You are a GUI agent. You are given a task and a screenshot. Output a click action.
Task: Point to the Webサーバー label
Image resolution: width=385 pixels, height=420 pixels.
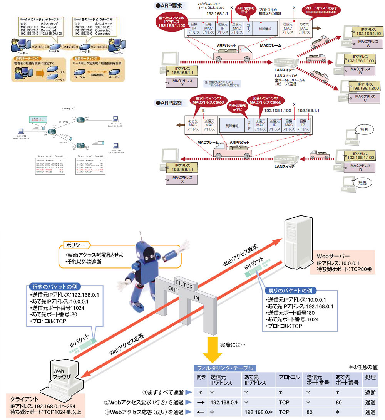[333, 256]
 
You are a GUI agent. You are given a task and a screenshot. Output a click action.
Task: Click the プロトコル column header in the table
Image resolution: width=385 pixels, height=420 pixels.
[290, 377]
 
